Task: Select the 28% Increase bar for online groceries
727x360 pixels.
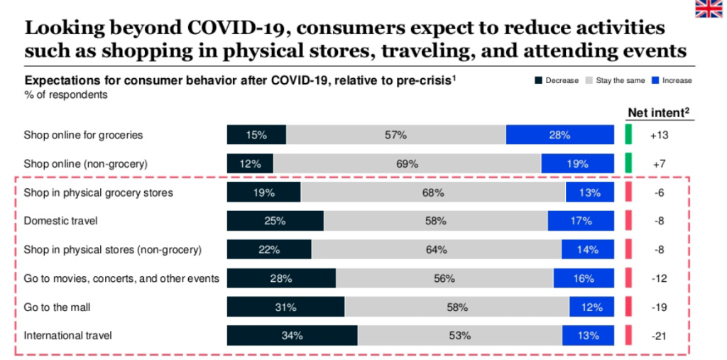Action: pyautogui.click(x=559, y=135)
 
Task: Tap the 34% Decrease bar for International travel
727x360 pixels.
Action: pyautogui.click(x=292, y=335)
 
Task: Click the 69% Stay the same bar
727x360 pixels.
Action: pyautogui.click(x=407, y=164)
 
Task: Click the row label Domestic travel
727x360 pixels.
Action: pyautogui.click(x=60, y=221)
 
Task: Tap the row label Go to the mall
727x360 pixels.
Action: pyautogui.click(x=56, y=307)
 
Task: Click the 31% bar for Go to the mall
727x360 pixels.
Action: pyautogui.click(x=285, y=307)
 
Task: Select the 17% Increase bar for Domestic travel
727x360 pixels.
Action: pyautogui.click(x=580, y=221)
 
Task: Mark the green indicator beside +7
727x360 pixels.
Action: pyautogui.click(x=628, y=164)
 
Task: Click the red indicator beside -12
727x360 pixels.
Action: pyautogui.click(x=628, y=278)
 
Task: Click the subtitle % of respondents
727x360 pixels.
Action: pyautogui.click(x=66, y=95)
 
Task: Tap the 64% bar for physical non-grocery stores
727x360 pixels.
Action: pyautogui.click(x=436, y=249)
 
